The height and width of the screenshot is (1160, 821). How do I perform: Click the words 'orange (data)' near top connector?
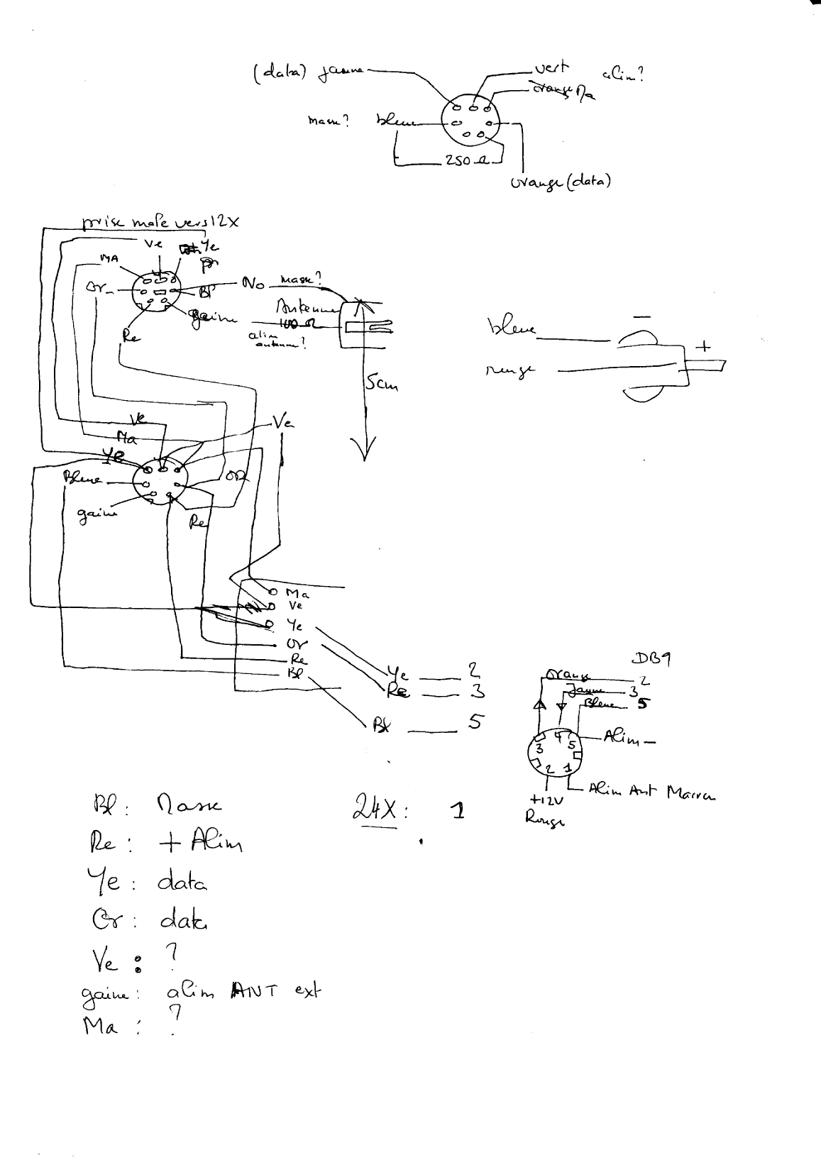(561, 182)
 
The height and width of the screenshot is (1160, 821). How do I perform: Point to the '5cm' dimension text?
(381, 385)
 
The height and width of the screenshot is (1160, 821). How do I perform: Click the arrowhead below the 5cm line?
(365, 451)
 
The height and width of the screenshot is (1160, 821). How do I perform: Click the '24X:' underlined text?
(380, 810)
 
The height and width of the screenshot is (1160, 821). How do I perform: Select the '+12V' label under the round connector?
(546, 800)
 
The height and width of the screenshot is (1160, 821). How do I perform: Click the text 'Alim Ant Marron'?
(651, 792)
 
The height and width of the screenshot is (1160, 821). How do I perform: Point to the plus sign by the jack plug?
(705, 348)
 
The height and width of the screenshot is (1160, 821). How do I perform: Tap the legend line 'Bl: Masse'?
(158, 806)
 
